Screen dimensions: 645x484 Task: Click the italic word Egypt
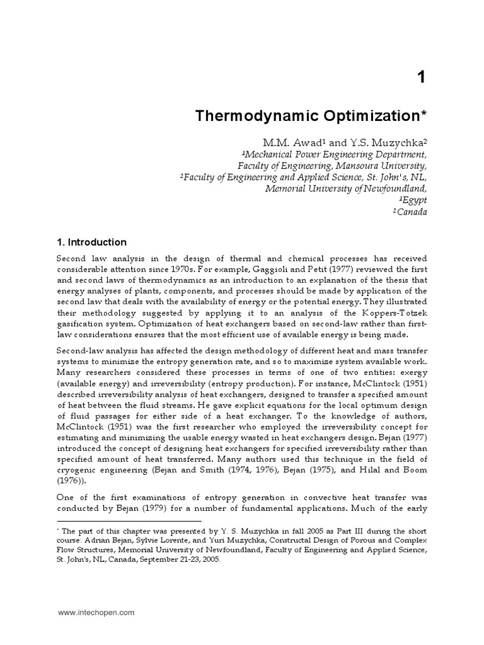tap(413, 200)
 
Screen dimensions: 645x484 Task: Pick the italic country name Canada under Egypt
tap(411, 212)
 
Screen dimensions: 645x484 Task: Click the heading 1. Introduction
tap(92, 243)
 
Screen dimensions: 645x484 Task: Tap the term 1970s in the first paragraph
tap(180, 270)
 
